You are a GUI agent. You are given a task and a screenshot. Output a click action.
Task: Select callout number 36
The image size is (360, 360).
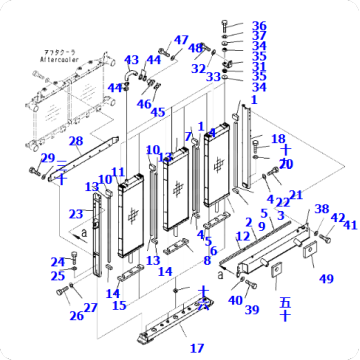259,26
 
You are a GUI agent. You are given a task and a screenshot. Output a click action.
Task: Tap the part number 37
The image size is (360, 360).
259,36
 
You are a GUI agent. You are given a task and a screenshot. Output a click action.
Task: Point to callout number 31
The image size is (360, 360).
259,67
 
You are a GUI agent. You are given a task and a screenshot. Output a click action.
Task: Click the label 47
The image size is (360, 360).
181,40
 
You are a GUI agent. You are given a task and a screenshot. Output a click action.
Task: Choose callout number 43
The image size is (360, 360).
132,61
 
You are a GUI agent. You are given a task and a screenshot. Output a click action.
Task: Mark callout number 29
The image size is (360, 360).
47,158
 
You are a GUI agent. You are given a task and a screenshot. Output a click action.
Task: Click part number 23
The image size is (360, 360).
75,214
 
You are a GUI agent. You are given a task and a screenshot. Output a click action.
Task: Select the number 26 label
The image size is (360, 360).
76,316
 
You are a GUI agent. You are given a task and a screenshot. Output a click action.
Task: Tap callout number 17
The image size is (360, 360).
196,348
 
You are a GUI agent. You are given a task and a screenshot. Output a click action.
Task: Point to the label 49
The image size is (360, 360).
326,278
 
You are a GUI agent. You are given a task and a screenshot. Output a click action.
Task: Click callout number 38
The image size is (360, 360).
321,209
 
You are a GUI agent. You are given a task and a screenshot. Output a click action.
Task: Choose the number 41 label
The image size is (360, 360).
349,226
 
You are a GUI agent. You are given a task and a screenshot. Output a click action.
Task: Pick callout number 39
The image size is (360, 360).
252,310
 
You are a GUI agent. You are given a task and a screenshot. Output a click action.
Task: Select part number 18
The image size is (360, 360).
278,139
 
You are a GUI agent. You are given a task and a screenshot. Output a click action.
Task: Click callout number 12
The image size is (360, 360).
242,236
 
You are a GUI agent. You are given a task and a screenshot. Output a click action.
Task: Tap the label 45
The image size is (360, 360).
158,111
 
